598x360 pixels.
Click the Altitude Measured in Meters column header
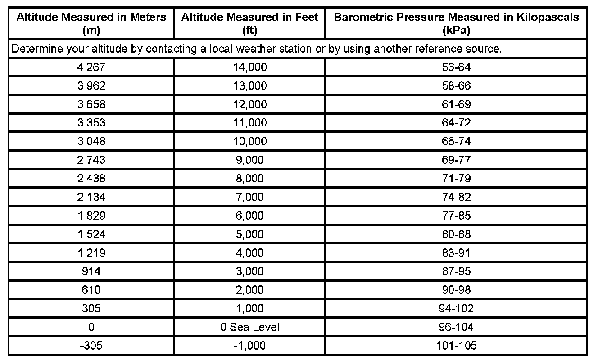(91, 23)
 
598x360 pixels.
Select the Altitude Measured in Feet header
(249, 23)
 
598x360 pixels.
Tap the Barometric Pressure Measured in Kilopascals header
(456, 23)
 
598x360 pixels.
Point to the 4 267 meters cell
(91, 67)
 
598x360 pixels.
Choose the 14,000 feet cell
(249, 67)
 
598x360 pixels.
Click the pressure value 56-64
(456, 67)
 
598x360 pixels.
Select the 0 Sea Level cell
(249, 327)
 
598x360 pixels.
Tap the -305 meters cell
(91, 346)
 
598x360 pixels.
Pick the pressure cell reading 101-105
(456, 346)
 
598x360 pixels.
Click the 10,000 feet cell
(249, 141)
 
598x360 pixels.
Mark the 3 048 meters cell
(91, 141)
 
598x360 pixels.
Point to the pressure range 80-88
(456, 234)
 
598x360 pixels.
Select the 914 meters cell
(91, 271)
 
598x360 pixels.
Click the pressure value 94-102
(456, 308)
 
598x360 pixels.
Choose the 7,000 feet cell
(249, 197)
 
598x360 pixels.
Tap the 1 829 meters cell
(91, 216)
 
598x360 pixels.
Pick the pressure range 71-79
(456, 178)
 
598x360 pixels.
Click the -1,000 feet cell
(249, 346)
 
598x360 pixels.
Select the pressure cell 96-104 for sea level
(456, 327)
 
